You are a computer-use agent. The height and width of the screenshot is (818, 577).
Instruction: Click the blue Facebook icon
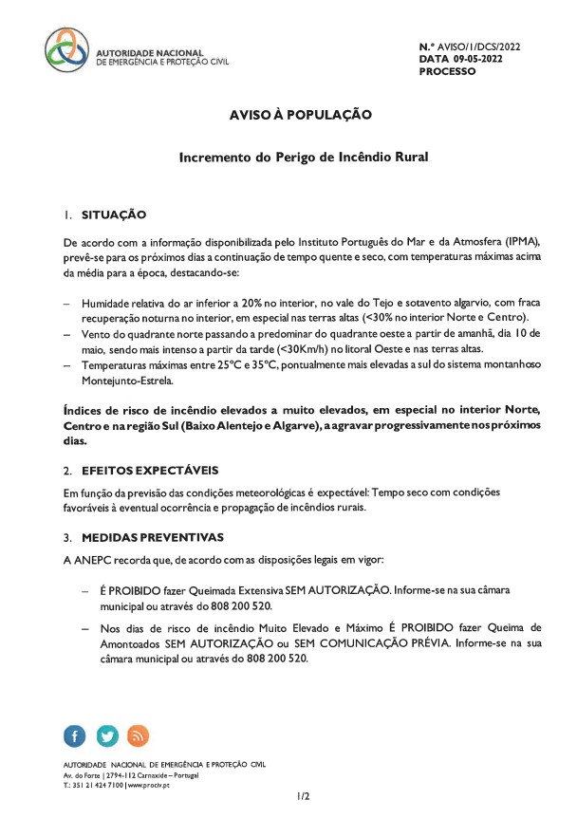coord(76,735)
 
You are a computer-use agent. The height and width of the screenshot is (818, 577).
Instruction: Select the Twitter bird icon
coord(107,735)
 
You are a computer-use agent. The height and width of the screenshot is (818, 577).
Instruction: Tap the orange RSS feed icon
coord(139,735)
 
